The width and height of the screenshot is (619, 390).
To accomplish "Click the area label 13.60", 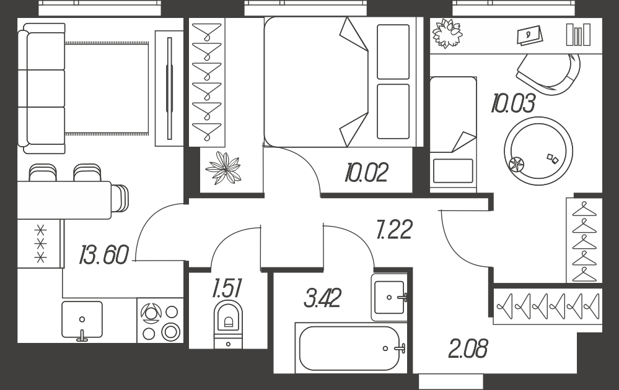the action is click(104, 254).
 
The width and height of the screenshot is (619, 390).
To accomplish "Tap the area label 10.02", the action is click(366, 172).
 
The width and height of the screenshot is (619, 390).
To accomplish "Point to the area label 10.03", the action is click(513, 103).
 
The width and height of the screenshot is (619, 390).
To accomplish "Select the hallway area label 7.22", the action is click(394, 230).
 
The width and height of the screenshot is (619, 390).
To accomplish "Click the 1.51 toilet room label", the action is click(227, 288).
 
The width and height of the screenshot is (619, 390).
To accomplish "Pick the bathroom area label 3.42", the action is click(323, 298).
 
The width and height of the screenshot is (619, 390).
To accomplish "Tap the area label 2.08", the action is click(468, 349).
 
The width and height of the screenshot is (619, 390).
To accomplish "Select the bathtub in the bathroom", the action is click(350, 348).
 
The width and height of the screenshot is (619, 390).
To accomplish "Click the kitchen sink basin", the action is click(82, 319).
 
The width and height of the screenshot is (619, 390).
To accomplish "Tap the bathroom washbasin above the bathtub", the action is click(389, 297).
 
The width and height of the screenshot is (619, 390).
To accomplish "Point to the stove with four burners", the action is click(160, 320).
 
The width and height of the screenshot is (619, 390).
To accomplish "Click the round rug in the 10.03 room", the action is click(538, 150).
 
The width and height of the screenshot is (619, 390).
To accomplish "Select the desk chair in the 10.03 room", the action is click(550, 74).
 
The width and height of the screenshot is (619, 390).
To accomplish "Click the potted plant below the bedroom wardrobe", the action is click(224, 168).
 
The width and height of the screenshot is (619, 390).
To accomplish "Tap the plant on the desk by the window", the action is click(447, 33).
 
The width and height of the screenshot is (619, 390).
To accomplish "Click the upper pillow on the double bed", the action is click(393, 51).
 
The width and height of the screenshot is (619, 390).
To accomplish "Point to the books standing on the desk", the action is click(578, 34).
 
